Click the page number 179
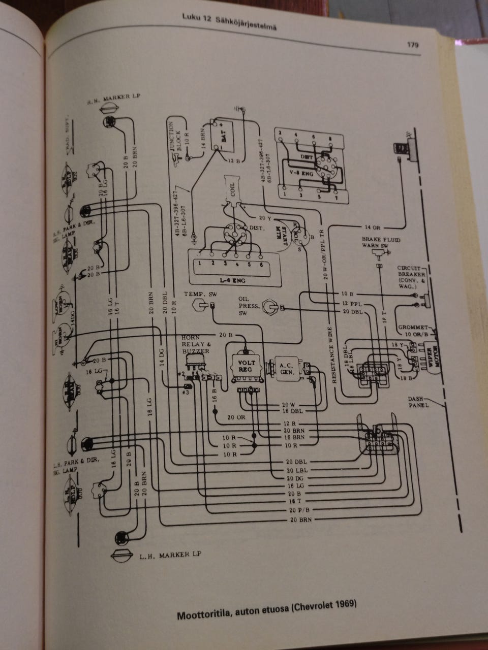point(412,45)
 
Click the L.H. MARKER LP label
point(169,555)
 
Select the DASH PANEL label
point(419,402)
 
